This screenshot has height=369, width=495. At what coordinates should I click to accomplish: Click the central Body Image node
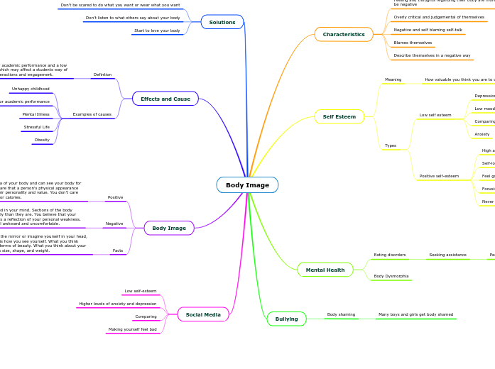coord(247,185)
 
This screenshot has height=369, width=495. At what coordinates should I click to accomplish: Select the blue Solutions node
coord(222,22)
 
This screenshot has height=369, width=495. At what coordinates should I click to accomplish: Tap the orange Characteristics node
coord(344,34)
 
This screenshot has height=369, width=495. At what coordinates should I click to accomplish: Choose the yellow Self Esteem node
coord(339,116)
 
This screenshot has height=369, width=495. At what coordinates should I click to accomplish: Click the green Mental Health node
coord(325,270)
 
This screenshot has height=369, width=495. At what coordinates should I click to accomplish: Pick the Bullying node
coord(286,319)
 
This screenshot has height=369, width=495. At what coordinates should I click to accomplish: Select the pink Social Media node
coord(203,314)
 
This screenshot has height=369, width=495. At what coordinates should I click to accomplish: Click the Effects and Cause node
coord(165,99)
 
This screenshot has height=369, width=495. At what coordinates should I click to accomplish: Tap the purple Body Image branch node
coord(169,228)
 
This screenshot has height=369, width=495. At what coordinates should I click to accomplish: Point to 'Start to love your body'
coord(157,31)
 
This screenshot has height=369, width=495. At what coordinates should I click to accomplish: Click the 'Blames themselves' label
coord(413,43)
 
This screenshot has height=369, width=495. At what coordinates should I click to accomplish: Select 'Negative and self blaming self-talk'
coord(428,30)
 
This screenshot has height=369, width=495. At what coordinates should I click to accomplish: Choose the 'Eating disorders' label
coord(390,254)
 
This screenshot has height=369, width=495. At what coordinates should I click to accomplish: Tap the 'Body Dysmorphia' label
coord(391,275)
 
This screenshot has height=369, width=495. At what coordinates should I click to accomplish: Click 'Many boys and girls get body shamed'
coord(415,314)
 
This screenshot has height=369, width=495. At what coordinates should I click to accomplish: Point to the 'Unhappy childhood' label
coord(30,89)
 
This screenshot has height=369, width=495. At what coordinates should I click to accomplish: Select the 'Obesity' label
coord(42,140)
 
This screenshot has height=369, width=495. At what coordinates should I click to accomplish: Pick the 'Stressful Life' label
coord(37,127)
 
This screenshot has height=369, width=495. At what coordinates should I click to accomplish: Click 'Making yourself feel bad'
coord(132,329)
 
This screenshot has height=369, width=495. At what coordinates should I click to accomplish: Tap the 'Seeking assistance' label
coord(447,254)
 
